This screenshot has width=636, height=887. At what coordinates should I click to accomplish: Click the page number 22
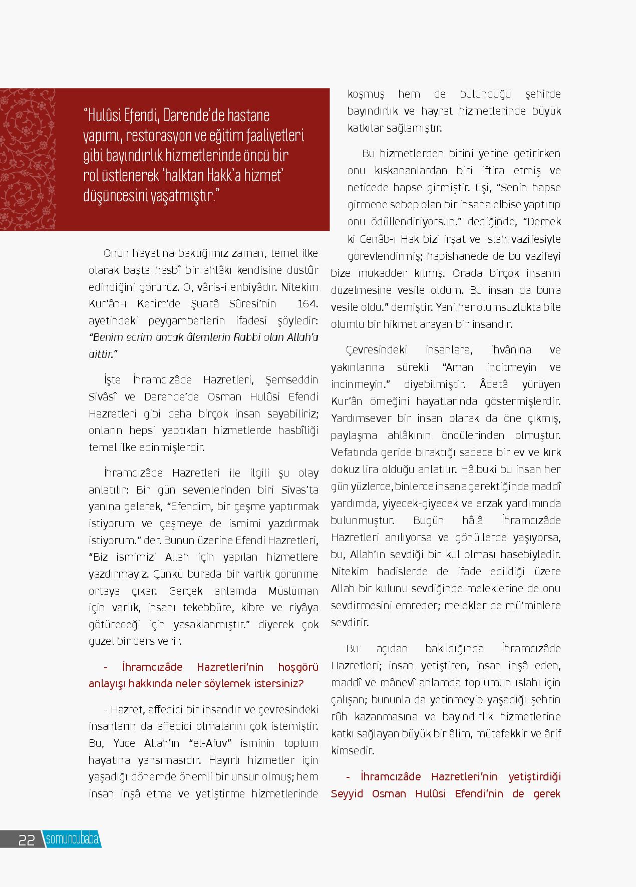[26, 839]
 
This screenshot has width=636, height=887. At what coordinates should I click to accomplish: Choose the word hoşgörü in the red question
[298, 667]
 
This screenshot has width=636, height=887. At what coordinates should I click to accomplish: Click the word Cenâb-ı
[381, 239]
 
